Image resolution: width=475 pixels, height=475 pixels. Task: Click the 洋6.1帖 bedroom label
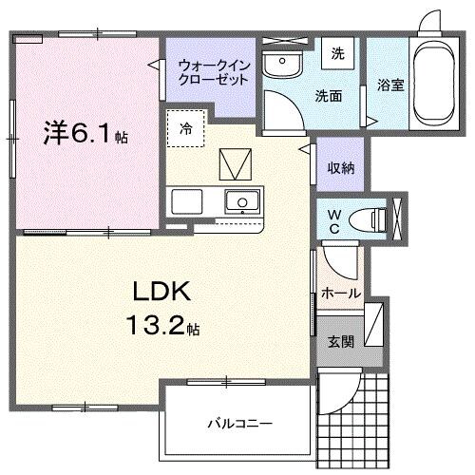[84, 134]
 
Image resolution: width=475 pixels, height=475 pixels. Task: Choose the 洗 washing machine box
[337, 54]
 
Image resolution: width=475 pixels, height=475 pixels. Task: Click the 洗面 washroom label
[329, 95]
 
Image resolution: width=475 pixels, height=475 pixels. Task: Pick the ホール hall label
[341, 293]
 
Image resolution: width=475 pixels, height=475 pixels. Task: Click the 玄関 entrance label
[341, 341]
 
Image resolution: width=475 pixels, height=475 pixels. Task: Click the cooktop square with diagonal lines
[234, 165]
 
